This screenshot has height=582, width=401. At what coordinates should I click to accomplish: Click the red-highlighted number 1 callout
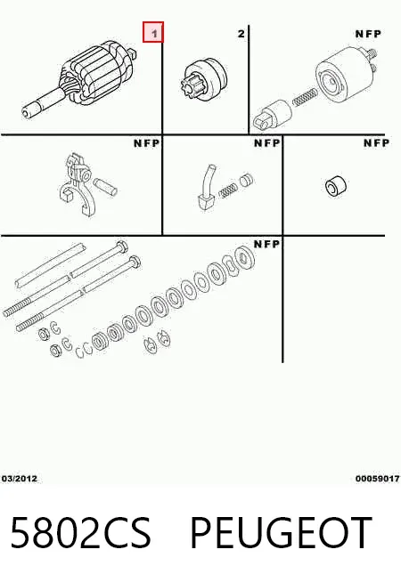[x=153, y=32]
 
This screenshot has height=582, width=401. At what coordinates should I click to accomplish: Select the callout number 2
[x=241, y=34]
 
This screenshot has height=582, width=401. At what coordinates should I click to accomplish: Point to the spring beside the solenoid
[x=305, y=97]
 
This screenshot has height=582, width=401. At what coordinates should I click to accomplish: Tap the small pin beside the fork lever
[x=105, y=186]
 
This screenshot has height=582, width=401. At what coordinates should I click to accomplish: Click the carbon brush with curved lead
[x=207, y=190]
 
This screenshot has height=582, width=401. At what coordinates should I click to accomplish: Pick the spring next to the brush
[x=227, y=190]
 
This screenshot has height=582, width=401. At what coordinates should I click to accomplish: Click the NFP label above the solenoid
[x=368, y=34]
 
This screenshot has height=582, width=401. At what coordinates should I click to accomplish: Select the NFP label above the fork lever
[x=146, y=143]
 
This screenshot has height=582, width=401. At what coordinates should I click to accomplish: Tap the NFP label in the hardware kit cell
[x=266, y=244]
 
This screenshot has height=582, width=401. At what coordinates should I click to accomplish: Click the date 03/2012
[x=20, y=479]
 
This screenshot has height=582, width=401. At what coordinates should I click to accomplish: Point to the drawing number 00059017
[x=377, y=479]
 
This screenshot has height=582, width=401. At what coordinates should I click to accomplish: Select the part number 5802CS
[x=81, y=532]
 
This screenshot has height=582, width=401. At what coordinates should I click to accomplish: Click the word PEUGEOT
[x=281, y=532]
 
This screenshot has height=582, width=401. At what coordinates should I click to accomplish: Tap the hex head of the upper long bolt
[x=122, y=247]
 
